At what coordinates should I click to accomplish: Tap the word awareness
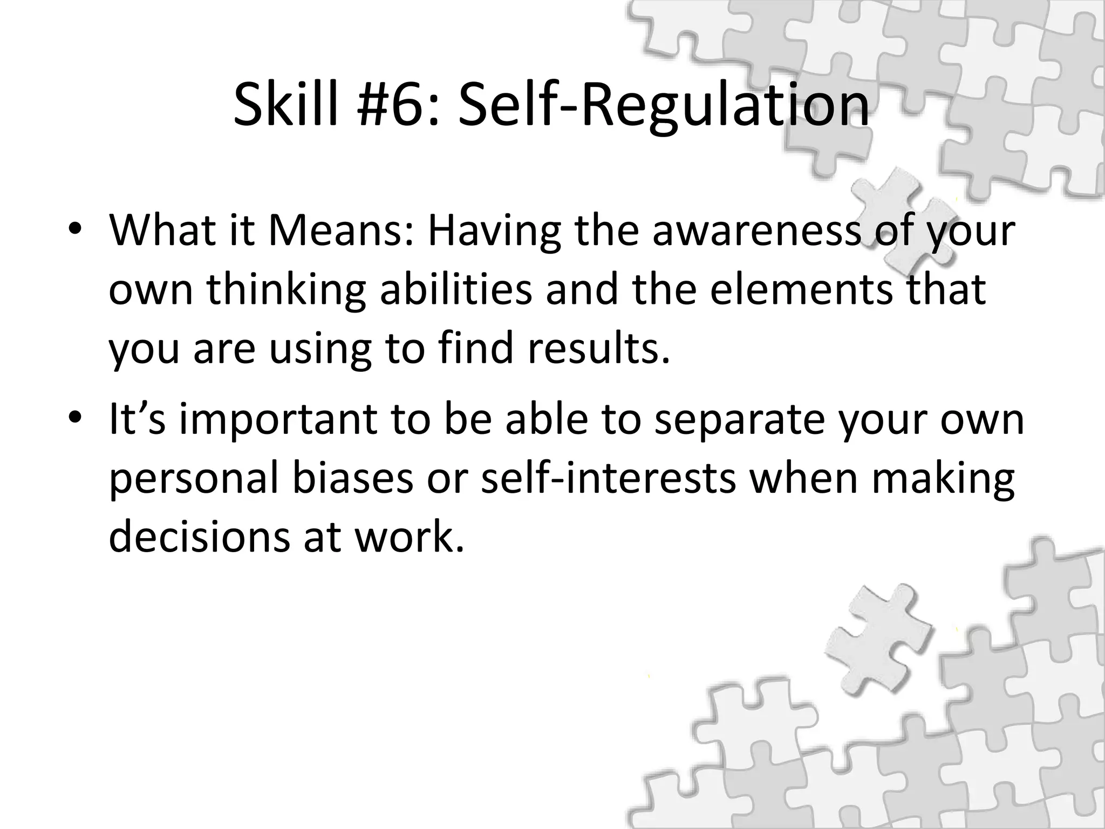click(755, 231)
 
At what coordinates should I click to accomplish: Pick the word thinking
click(286, 290)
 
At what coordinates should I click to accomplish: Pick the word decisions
click(199, 536)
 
